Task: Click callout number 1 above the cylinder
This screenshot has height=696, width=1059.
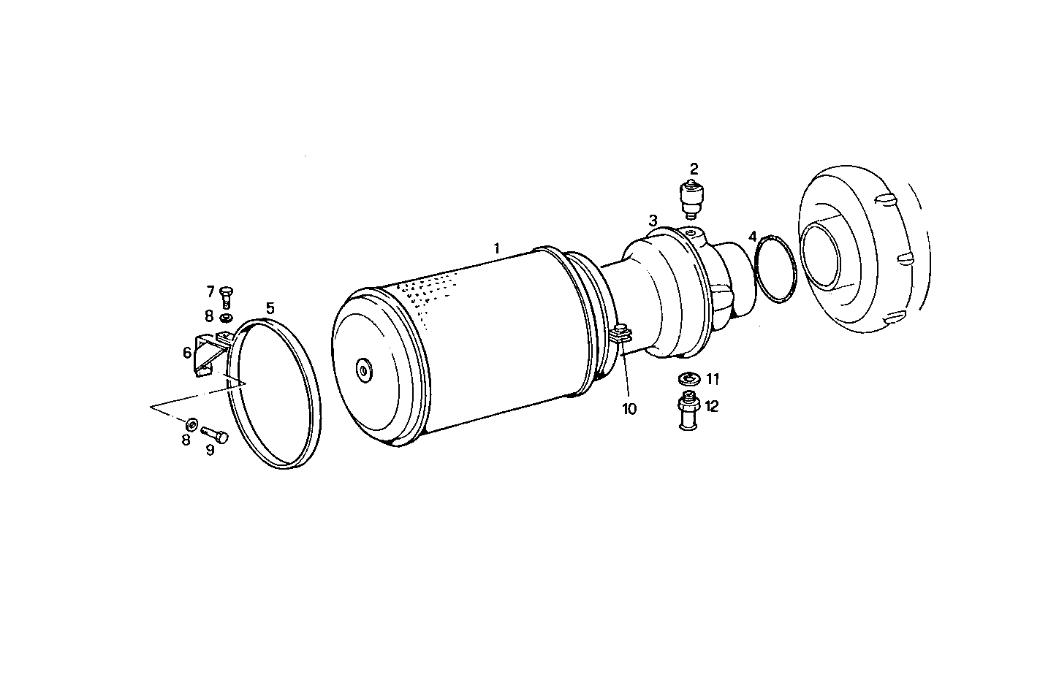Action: coord(497,248)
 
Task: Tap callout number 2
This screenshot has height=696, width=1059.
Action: coord(694,167)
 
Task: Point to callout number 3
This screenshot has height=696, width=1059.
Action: coord(653,220)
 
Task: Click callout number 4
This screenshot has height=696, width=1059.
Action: coord(754,237)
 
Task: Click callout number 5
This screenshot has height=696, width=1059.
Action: coord(270,308)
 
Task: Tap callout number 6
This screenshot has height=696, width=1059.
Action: coord(188,353)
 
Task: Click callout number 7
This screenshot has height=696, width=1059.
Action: coord(210,292)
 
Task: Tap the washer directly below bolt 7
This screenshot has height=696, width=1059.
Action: coord(227,318)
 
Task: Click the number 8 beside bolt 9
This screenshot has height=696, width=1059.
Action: coord(186,440)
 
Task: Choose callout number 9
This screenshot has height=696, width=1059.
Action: coord(210,451)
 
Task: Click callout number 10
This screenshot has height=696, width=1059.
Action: coord(629,409)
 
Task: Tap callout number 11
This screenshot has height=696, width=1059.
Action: coord(713,379)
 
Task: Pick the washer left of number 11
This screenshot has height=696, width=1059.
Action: coord(688,379)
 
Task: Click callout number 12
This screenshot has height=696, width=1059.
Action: coord(711,406)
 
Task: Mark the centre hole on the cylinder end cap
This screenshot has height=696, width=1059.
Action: coord(363,370)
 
